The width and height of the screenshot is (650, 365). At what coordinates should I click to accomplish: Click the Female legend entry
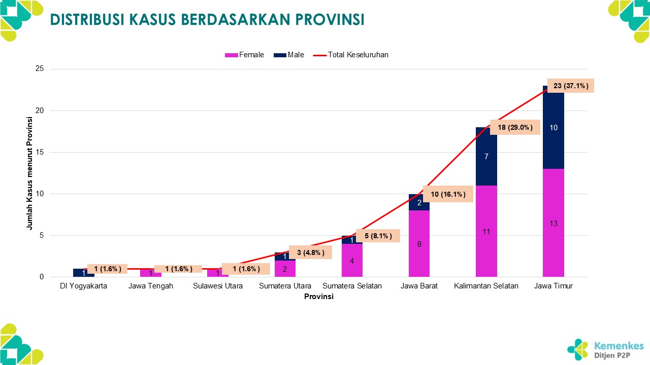pyautogui.click(x=245, y=55)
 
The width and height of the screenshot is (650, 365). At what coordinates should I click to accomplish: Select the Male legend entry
pyautogui.click(x=289, y=55)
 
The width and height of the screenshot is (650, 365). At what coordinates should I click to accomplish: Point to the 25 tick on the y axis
pyautogui.click(x=40, y=69)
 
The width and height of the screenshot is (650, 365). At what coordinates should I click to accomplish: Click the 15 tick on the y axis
pyautogui.click(x=40, y=152)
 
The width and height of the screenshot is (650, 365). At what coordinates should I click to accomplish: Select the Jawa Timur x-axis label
pyautogui.click(x=554, y=286)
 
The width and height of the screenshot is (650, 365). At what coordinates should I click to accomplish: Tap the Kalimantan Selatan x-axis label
pyautogui.click(x=486, y=286)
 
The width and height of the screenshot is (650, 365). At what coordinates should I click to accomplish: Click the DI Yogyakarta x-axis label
pyautogui.click(x=83, y=286)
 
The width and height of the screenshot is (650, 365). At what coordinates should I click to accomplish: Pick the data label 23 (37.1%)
pyautogui.click(x=571, y=86)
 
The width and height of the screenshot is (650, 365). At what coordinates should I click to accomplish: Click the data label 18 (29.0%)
pyautogui.click(x=514, y=127)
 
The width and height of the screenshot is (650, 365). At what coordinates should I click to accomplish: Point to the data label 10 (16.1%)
pyautogui.click(x=448, y=194)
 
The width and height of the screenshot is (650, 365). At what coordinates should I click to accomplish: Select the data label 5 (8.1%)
pyautogui.click(x=378, y=236)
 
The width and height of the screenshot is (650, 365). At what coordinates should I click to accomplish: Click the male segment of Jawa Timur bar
pyautogui.click(x=554, y=128)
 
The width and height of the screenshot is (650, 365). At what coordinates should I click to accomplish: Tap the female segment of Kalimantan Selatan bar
pyautogui.click(x=486, y=232)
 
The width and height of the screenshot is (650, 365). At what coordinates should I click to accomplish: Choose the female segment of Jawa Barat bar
pyautogui.click(x=419, y=244)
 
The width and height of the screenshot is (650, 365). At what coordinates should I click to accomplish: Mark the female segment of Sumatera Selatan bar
pyautogui.click(x=352, y=261)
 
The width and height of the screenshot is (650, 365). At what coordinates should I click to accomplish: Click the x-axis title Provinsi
pyautogui.click(x=318, y=297)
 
